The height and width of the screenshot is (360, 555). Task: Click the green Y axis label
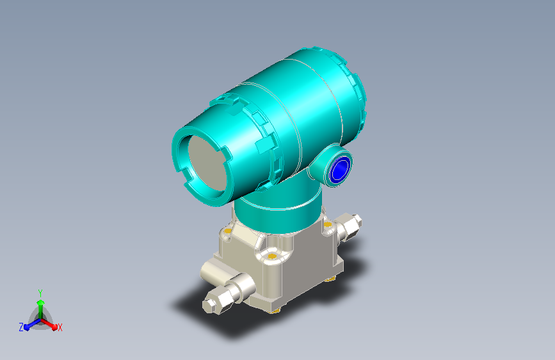[40, 293]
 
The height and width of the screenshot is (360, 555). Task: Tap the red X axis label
[60, 328]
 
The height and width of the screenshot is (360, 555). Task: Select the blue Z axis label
[21, 327]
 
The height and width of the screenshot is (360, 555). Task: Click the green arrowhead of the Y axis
[41, 302]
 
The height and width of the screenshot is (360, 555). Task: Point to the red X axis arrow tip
[54, 327]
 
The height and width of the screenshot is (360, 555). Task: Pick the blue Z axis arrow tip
[26, 327]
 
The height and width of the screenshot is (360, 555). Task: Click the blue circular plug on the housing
[340, 168]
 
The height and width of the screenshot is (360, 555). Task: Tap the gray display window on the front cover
[207, 161]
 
